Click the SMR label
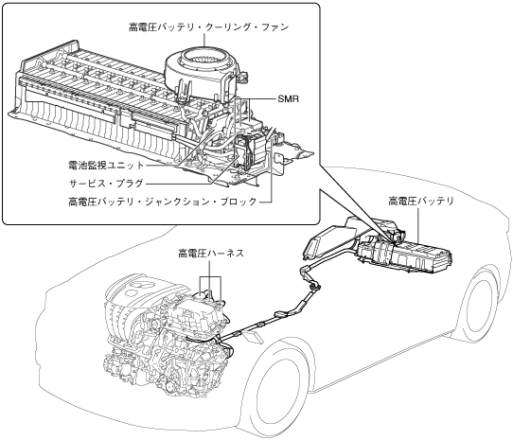[x=289, y=98]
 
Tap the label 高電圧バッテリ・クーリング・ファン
[x=209, y=27]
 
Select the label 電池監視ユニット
[x=106, y=165]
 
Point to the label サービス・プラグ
[x=106, y=184]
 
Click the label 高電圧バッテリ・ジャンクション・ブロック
[x=163, y=202]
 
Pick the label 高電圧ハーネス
[x=211, y=254]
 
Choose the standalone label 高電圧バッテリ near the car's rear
[x=421, y=201]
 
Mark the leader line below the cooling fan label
[x=204, y=40]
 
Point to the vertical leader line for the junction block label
[x=272, y=164]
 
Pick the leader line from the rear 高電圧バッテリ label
[x=418, y=226]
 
